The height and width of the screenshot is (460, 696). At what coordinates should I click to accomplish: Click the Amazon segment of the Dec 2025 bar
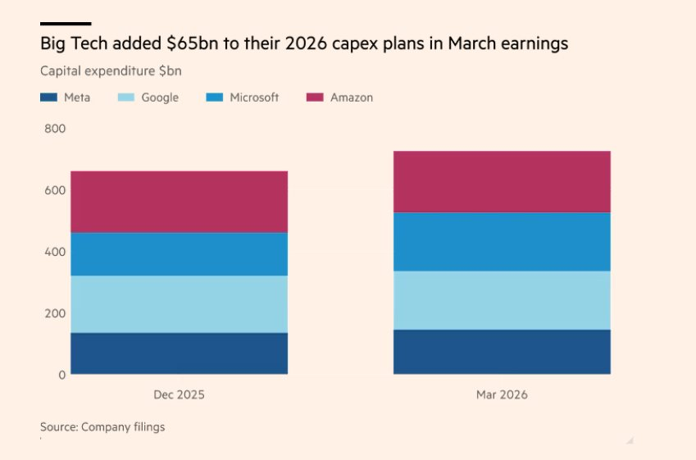(x=179, y=202)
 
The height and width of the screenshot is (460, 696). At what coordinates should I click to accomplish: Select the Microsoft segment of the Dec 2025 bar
(x=179, y=254)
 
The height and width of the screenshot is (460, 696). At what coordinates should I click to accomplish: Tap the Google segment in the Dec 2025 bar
(x=179, y=304)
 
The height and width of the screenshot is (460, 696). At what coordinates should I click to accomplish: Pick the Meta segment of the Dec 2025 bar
(x=179, y=353)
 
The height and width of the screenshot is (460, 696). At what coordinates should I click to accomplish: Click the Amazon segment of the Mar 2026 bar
(x=502, y=182)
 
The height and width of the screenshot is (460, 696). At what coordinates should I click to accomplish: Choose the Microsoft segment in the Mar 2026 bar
(x=502, y=242)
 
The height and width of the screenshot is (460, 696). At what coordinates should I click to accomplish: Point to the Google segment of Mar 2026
(x=502, y=301)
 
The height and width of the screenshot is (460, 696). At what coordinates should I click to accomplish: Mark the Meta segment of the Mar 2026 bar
(x=502, y=352)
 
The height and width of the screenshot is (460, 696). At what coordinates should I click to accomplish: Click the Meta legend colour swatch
(x=49, y=98)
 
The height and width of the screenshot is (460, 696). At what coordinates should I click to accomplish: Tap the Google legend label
(x=160, y=98)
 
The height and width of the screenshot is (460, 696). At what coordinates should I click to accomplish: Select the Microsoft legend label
(x=254, y=98)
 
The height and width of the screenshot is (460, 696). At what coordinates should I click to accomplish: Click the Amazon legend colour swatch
(x=315, y=98)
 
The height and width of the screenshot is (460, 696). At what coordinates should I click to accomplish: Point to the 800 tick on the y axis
(x=55, y=129)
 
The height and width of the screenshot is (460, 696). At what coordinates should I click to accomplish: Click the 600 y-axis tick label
(x=55, y=190)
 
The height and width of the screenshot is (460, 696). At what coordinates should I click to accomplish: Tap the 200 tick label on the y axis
(x=55, y=313)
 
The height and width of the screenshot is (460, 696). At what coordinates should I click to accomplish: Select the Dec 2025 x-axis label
(x=179, y=394)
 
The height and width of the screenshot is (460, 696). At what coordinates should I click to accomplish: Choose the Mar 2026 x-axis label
(x=502, y=394)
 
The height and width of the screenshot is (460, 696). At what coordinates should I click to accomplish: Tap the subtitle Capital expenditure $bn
(x=111, y=71)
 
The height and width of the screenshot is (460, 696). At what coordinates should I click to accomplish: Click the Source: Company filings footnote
(x=102, y=426)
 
